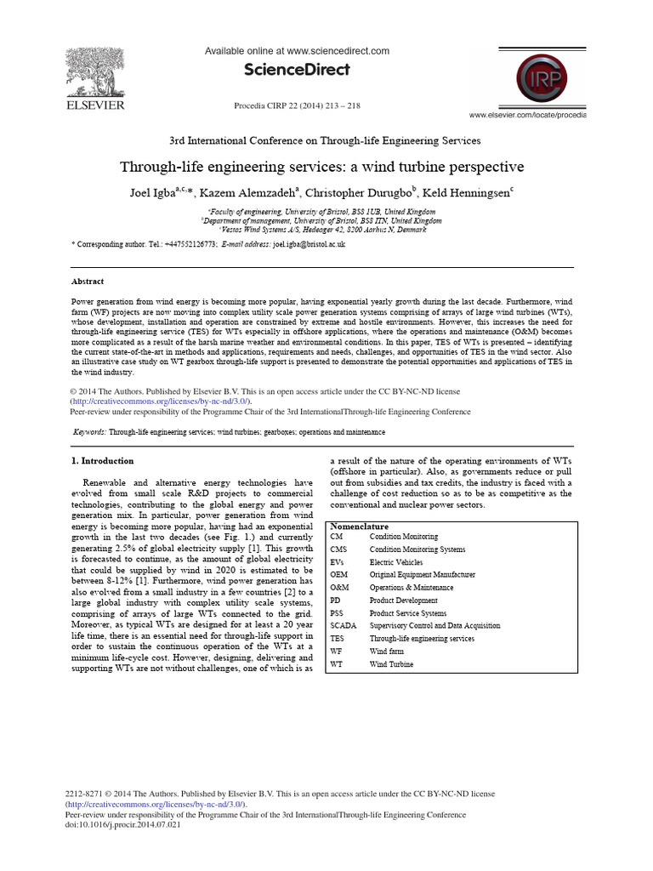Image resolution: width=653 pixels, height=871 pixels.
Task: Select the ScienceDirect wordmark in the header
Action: click(297, 70)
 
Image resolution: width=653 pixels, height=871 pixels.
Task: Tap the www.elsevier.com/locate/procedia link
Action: click(527, 115)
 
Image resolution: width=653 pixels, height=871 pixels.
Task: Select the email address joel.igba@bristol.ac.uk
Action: click(309, 244)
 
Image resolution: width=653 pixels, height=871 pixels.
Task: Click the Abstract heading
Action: click(88, 282)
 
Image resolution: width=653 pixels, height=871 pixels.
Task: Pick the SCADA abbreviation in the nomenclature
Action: click(343, 626)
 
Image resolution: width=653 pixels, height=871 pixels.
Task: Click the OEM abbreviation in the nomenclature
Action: click(338, 575)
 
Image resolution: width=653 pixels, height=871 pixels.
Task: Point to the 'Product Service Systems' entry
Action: click(408, 613)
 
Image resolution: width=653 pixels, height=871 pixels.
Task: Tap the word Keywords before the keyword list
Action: click(89, 433)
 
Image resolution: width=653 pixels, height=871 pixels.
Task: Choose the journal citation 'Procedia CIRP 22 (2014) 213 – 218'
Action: click(297, 105)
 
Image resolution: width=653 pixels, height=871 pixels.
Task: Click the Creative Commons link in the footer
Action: click(156, 804)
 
